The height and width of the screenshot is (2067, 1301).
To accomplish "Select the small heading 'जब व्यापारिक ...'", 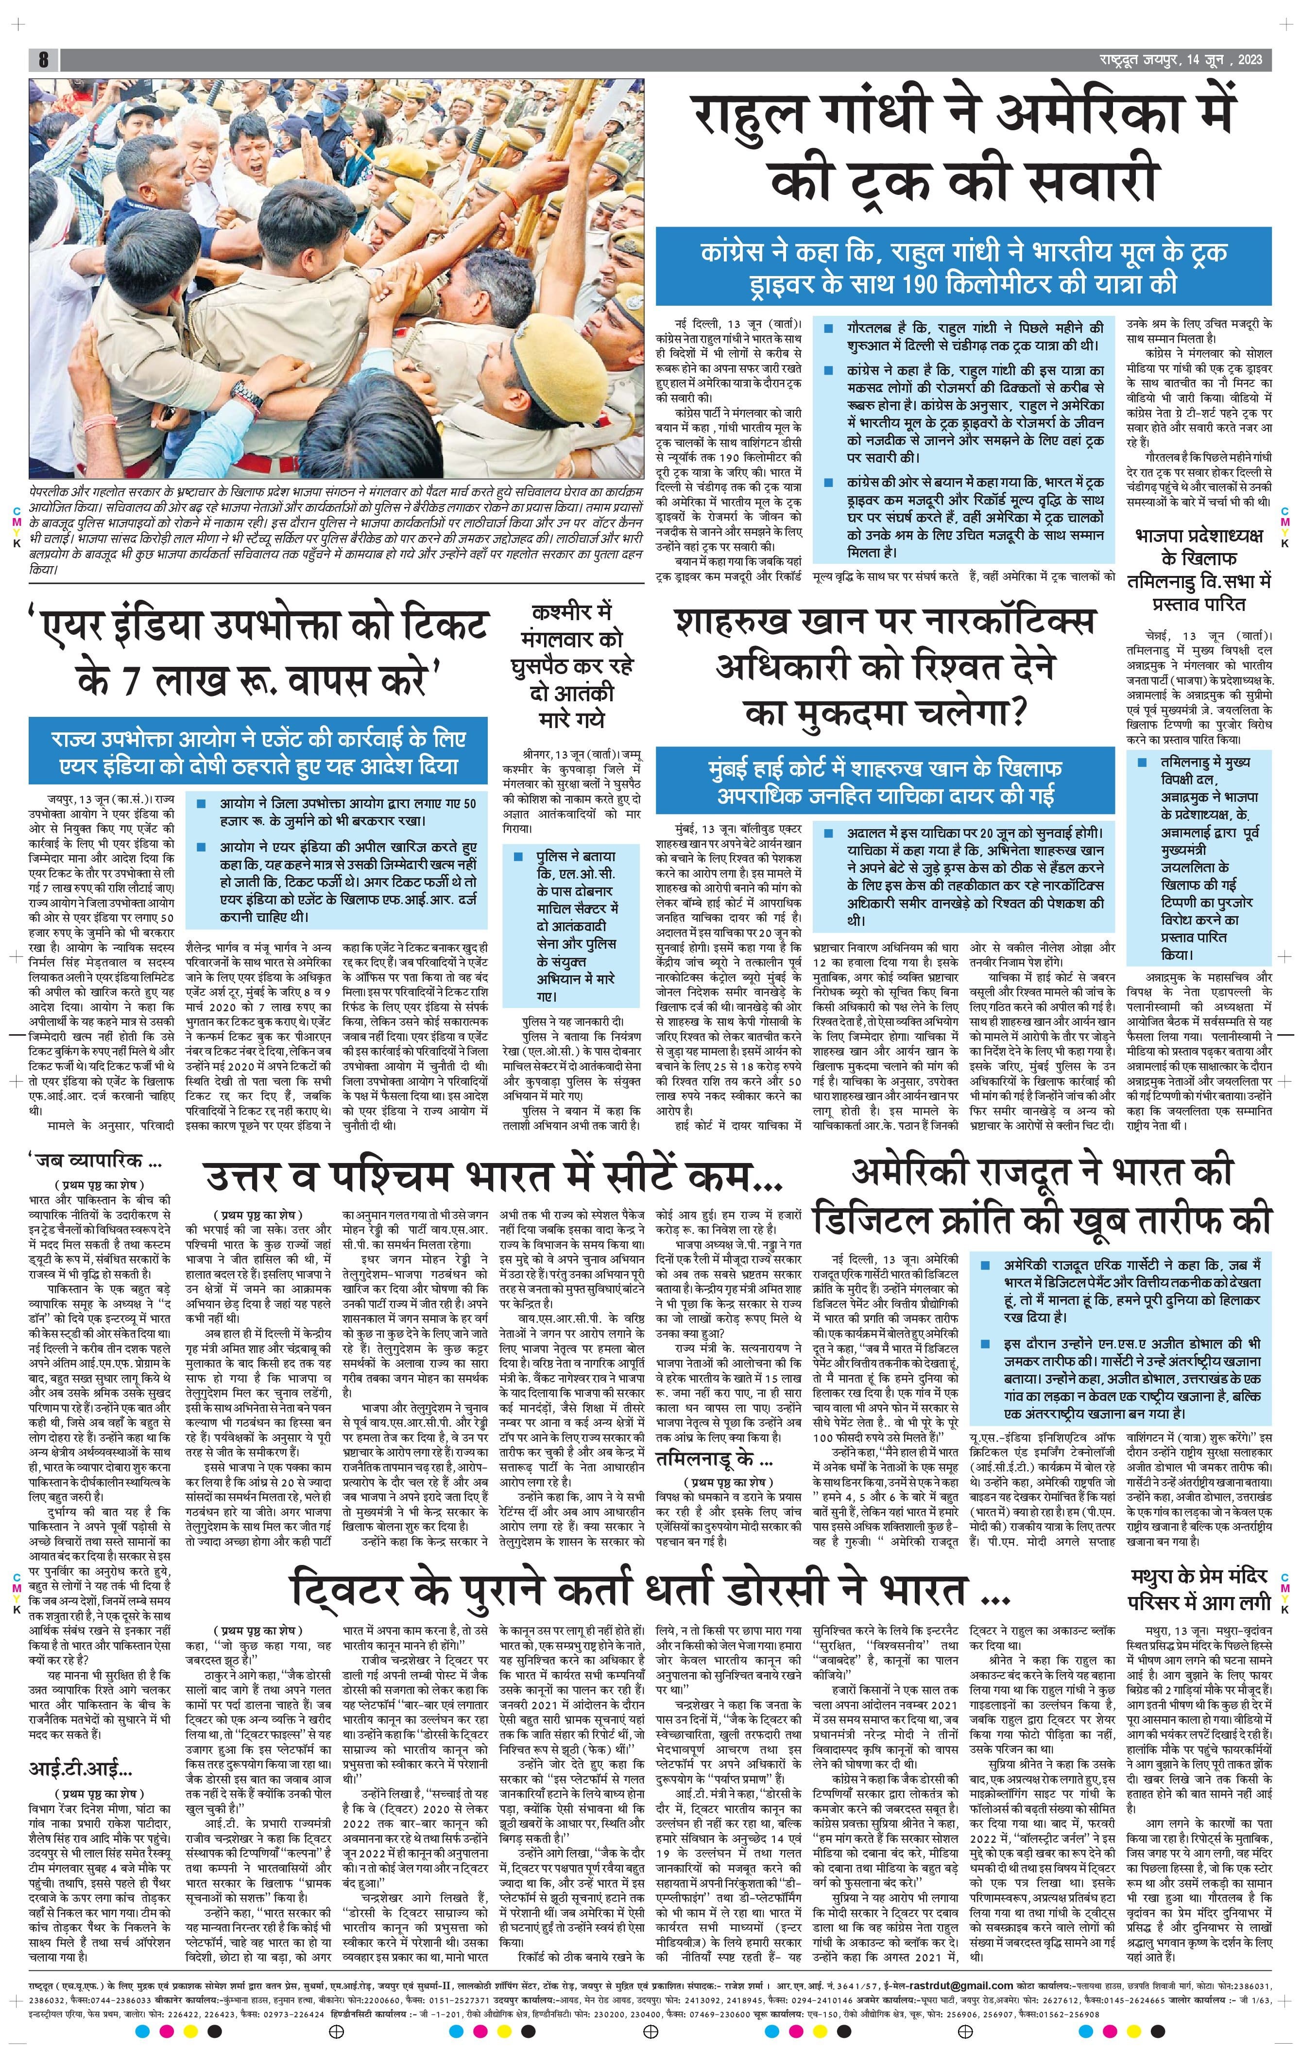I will (96, 1162).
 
